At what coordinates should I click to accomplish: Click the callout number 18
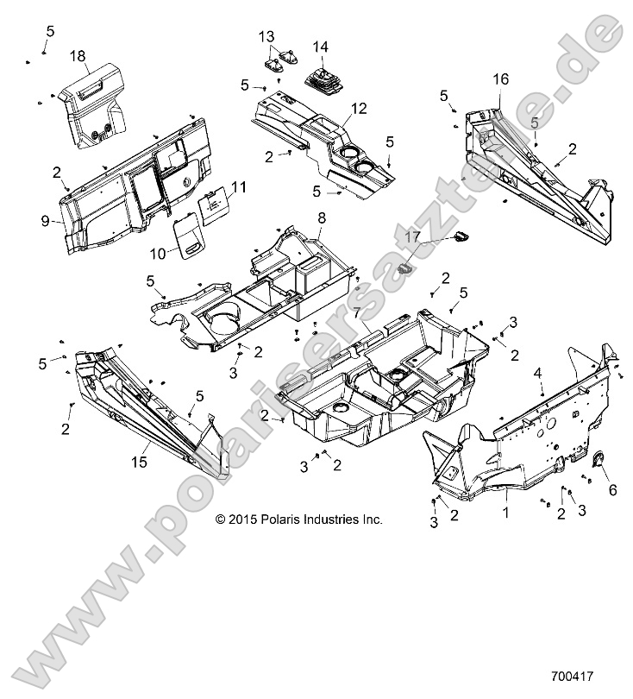pos(77,56)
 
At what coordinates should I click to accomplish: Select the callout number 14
pos(321,47)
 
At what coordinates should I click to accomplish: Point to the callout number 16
pos(501,79)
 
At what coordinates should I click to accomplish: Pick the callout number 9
pos(45,220)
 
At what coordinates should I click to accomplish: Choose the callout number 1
pos(505,512)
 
